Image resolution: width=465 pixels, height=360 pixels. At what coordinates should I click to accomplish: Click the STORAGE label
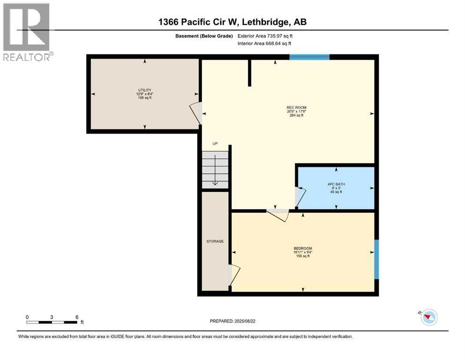click(x=215, y=241)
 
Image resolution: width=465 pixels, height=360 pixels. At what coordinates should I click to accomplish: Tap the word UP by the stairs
click(x=215, y=144)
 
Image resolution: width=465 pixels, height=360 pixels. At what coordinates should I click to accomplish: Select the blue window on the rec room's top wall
click(x=309, y=57)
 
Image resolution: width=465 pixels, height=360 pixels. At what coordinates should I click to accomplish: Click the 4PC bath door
click(x=300, y=197)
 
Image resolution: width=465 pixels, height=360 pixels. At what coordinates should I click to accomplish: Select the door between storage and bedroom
click(x=233, y=274)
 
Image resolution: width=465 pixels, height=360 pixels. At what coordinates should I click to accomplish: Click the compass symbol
click(x=428, y=318)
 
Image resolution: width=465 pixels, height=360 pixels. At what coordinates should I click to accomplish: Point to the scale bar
click(x=52, y=322)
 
